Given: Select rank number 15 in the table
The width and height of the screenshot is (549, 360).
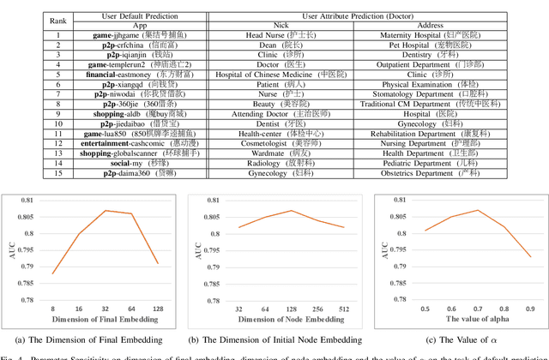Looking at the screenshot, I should (59, 172).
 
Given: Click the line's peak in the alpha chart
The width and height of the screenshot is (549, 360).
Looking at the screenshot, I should (477, 210).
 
